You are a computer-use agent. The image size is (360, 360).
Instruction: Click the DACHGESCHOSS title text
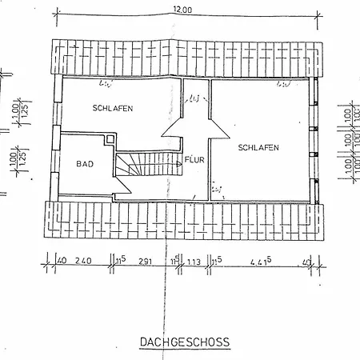[184, 342]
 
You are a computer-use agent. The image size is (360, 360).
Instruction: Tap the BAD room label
[84, 164]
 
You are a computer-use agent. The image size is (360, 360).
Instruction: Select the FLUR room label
[194, 159]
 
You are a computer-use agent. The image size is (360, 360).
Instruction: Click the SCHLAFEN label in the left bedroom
[112, 108]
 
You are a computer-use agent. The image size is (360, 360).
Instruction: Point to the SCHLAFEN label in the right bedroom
[258, 147]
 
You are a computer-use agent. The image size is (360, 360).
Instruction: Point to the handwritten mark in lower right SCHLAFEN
[218, 189]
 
